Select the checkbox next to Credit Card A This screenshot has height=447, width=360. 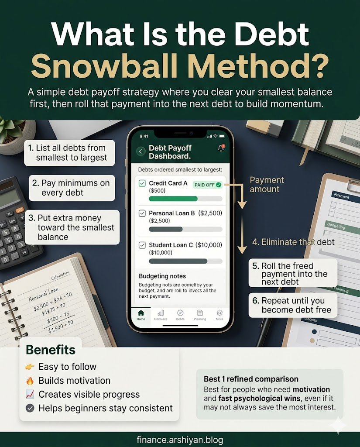coord(142,183)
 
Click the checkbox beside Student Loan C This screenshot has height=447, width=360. coord(142,245)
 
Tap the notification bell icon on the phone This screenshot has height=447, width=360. coord(221,148)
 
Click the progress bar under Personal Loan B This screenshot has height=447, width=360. coord(185,229)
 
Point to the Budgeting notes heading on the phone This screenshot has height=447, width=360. coord(162,276)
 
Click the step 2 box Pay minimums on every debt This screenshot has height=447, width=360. coord(72,188)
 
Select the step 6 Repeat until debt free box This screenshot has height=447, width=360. coord(293,305)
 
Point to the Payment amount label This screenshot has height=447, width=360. coord(267,185)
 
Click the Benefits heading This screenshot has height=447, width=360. coord(51,350)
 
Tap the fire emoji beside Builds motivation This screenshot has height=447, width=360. coord(30,381)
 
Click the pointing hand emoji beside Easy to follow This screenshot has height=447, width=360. coord(30,367)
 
